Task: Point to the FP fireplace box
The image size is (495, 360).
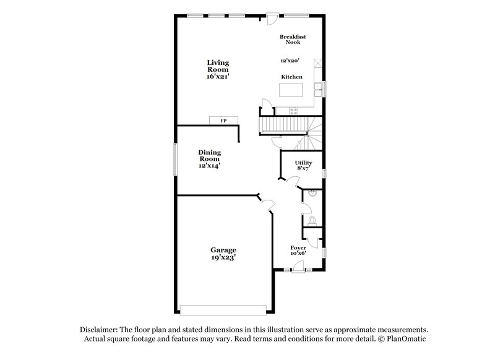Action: pyautogui.click(x=223, y=121)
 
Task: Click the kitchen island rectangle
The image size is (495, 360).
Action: pyautogui.click(x=293, y=90)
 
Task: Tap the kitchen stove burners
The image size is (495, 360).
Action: pyautogui.click(x=293, y=111)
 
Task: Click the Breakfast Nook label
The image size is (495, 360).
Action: pyautogui.click(x=293, y=39)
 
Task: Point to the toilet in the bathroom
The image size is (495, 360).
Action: pyautogui.click(x=312, y=220)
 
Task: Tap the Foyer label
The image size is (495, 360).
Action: pyautogui.click(x=299, y=248)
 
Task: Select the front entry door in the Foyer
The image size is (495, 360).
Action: pyautogui.click(x=298, y=267)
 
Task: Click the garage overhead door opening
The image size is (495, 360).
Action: pyautogui.click(x=224, y=308)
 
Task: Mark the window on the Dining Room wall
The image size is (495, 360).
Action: pyautogui.click(x=174, y=160)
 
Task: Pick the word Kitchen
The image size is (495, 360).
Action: pyautogui.click(x=292, y=76)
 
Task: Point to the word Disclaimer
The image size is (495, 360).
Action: pyautogui.click(x=100, y=330)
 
